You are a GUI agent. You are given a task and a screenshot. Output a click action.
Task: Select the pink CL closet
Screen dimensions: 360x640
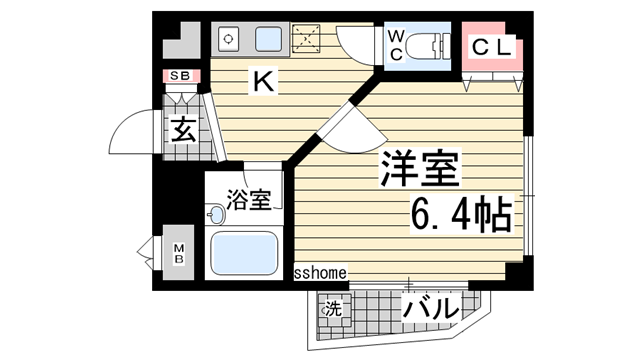tap(490, 49)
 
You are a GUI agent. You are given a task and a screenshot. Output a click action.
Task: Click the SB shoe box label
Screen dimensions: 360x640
tap(180, 76)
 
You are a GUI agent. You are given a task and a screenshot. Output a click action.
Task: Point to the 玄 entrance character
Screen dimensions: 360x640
tap(182, 129)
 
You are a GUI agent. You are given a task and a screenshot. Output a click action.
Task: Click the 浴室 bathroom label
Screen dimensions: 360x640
tap(249, 199)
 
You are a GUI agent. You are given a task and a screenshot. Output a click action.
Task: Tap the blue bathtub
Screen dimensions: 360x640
tap(244, 254)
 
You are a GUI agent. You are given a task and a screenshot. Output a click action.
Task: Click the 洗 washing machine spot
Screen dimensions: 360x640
tap(333, 308)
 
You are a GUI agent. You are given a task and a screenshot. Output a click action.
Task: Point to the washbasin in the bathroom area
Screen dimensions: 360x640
tap(215, 213)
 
